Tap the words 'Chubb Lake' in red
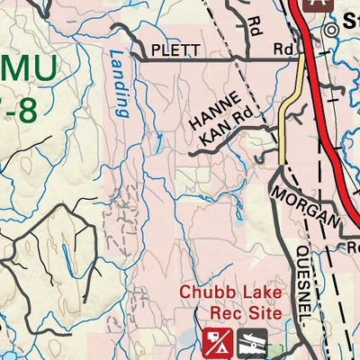[x=230, y=292]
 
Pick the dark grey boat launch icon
[x=250, y=343]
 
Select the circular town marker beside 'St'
[x=332, y=30]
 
